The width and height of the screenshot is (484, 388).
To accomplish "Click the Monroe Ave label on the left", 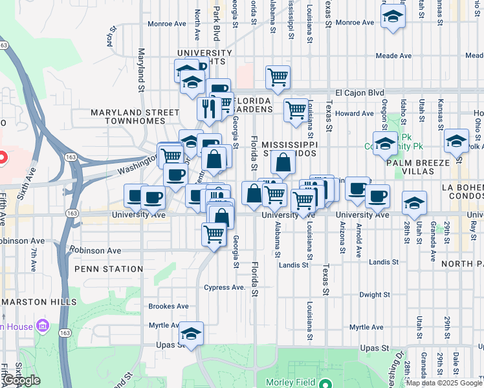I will [167, 23].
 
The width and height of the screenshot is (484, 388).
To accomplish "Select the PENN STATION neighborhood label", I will [109, 268].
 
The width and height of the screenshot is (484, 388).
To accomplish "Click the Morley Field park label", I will [290, 383].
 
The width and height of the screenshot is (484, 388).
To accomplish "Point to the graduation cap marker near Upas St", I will [191, 334].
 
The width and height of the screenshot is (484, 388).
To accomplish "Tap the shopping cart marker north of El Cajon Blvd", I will [278, 77].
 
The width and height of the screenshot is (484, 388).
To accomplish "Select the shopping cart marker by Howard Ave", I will [296, 109].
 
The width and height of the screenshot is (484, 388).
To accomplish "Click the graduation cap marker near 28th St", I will [414, 204].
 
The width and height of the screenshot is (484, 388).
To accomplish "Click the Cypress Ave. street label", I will [225, 287].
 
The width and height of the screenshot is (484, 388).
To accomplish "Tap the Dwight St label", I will [375, 294].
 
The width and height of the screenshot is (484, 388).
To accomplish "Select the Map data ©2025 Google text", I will [445, 383].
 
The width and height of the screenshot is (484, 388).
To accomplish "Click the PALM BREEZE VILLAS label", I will [418, 168].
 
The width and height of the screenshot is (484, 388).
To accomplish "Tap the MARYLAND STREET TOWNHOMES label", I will [135, 116].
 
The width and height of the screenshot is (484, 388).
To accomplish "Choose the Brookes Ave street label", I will [168, 306].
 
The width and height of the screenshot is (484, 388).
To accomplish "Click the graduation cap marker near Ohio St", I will [456, 140].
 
